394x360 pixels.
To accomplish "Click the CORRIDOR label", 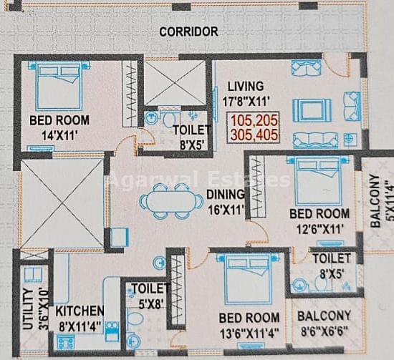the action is (188, 31).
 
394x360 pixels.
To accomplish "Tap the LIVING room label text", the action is (246, 86).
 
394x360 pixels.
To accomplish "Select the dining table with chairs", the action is (172, 201).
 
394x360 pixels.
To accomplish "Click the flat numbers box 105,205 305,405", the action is (254, 127).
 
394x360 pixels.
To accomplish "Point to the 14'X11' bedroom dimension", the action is (59, 136).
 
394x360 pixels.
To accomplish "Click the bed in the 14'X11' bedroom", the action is (59, 86).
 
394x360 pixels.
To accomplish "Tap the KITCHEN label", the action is (80, 311).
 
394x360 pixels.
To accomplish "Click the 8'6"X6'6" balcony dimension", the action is (325, 331).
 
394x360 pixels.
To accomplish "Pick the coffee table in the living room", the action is (312, 110).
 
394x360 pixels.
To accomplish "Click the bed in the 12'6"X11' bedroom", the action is (318, 180).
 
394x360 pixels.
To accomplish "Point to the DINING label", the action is (226, 194).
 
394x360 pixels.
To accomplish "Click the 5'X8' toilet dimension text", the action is (151, 304).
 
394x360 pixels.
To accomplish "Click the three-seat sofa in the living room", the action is (316, 141).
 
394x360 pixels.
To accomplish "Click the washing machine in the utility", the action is (33, 275).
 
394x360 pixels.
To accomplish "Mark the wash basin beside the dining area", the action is (159, 263).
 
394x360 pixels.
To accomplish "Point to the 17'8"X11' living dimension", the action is (246, 102).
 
